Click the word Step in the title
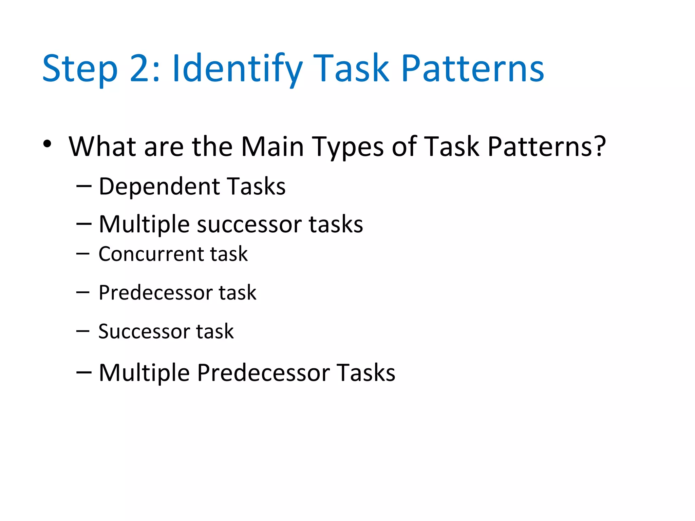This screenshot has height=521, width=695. point(80,69)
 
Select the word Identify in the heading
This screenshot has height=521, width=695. point(237,69)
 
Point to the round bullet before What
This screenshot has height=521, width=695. point(47,144)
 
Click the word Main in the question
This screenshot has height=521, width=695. point(272,147)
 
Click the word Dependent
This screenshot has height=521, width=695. point(159,187)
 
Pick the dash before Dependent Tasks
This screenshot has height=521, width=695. point(84,186)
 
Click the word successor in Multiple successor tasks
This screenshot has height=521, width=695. point(249,225)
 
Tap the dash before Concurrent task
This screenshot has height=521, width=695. point(83,253)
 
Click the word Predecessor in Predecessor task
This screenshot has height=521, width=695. point(155,292)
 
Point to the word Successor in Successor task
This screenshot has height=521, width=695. point(144,331)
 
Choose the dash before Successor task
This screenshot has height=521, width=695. point(83,331)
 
